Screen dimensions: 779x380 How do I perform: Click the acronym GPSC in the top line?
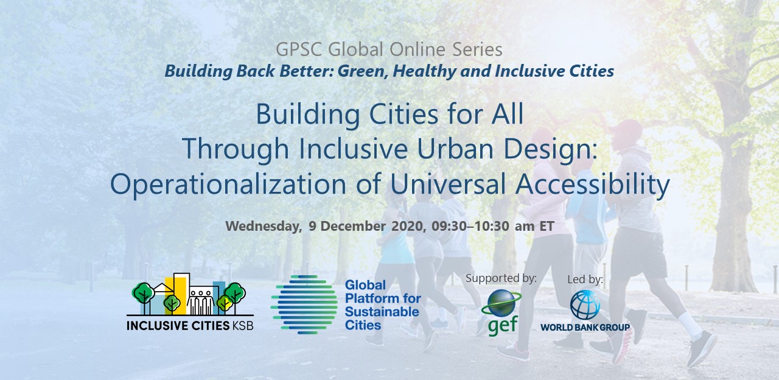tap(299, 49)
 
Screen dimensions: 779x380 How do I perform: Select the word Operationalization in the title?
tap(228, 184)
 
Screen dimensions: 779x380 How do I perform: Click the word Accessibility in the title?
tap(592, 184)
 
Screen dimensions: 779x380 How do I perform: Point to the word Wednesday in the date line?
tap(264, 226)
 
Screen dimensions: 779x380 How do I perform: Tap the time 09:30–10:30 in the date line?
tap(470, 226)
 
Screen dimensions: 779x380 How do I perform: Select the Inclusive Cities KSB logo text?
tap(190, 325)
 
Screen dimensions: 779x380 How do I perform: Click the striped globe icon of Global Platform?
tap(304, 305)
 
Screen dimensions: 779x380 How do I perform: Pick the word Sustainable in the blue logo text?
tap(382, 312)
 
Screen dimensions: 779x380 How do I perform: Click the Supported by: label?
tap(501, 278)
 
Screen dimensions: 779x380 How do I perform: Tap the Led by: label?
tap(585, 280)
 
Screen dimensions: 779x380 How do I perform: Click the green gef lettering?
tap(503, 325)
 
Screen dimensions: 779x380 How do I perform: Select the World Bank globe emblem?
tap(585, 305)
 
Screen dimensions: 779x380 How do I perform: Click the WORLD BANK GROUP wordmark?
tap(585, 327)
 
